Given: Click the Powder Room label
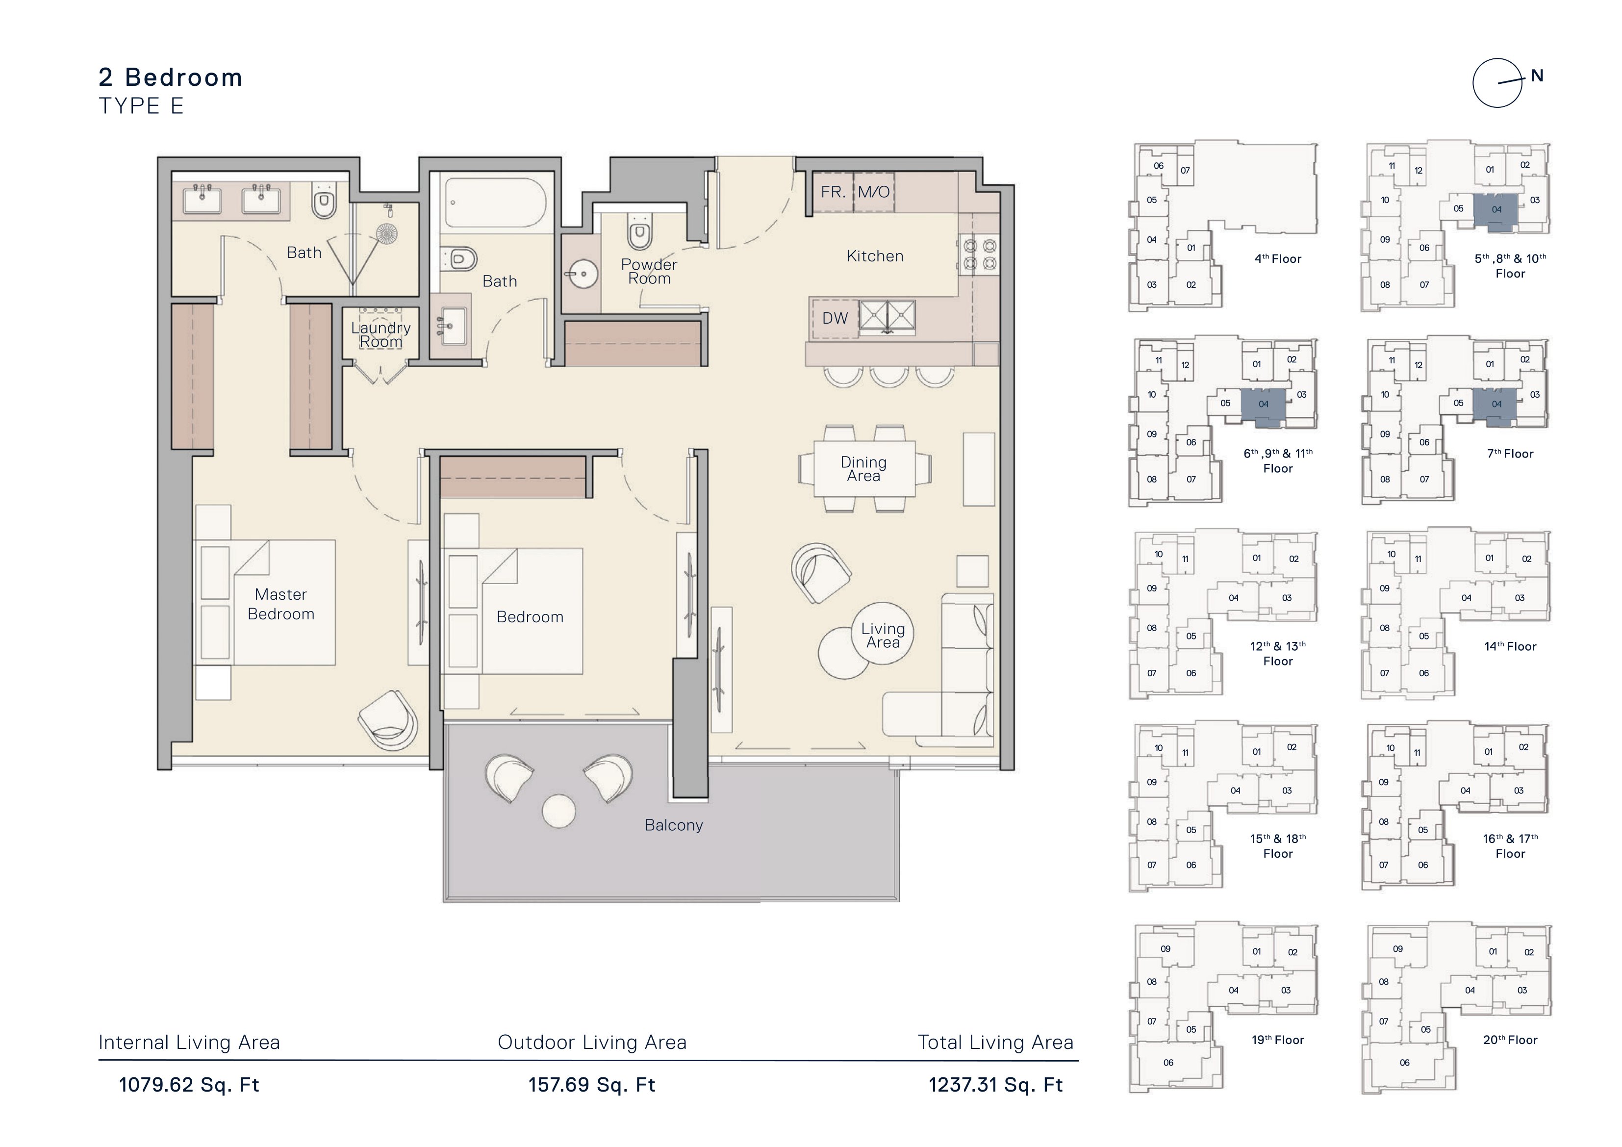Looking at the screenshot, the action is [649, 271].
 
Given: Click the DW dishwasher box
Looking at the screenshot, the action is [835, 318].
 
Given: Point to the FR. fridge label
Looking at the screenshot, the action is [833, 192].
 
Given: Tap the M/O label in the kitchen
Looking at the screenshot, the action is [874, 192].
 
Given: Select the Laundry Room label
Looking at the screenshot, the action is [381, 335].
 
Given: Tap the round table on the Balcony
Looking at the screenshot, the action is [559, 811].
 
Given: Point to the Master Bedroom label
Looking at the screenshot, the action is [281, 604].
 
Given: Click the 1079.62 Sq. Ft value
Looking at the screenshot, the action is [189, 1085].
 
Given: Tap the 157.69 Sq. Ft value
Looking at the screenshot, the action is [592, 1085].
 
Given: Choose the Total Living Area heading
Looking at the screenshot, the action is [995, 1043].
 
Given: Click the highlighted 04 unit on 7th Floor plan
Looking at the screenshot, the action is [1497, 406].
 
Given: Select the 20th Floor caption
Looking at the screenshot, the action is [1510, 1040].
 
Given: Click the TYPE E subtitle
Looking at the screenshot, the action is [141, 106].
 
